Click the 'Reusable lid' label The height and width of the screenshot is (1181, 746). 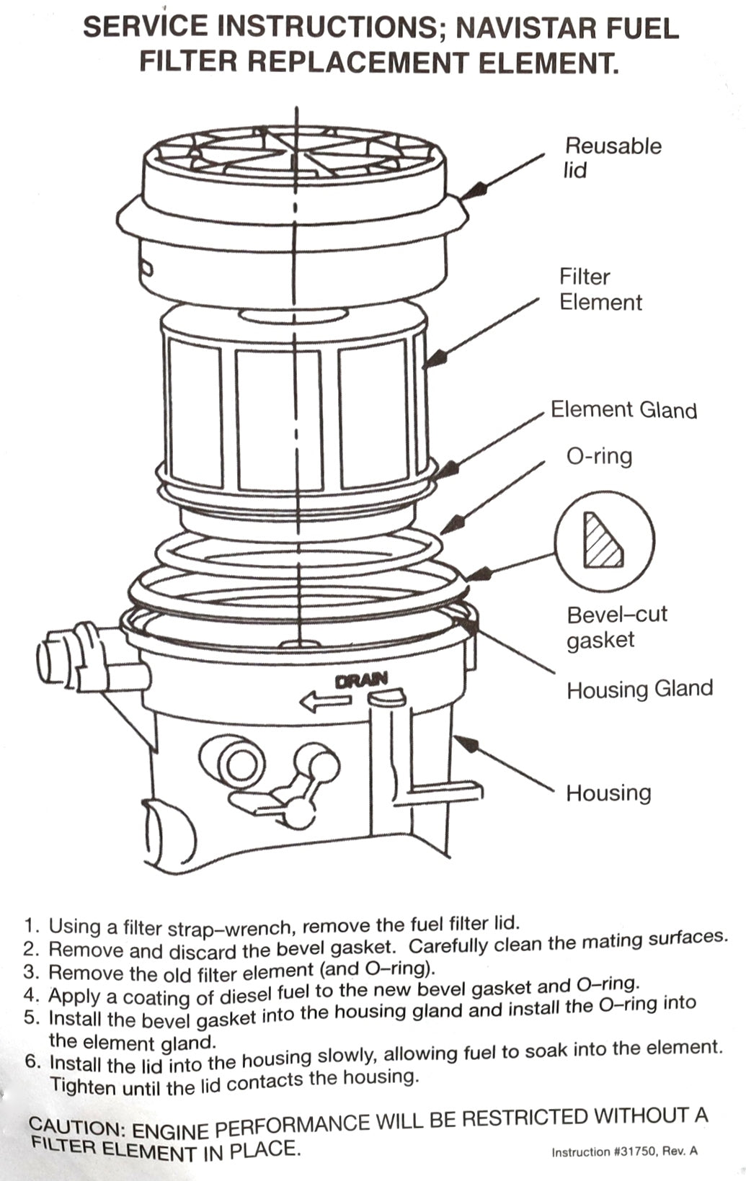[612, 158]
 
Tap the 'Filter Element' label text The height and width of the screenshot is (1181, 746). [600, 289]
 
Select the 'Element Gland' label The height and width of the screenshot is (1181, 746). [623, 410]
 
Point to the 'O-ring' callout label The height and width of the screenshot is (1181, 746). [599, 457]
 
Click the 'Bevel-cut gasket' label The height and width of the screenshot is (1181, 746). [616, 627]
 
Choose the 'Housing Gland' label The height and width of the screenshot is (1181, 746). [639, 690]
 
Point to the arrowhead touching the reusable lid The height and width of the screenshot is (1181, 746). [472, 190]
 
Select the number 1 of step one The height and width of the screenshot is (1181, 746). [30, 926]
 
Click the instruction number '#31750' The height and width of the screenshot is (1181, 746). [634, 1151]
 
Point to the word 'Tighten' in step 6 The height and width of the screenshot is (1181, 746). [83, 1085]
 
